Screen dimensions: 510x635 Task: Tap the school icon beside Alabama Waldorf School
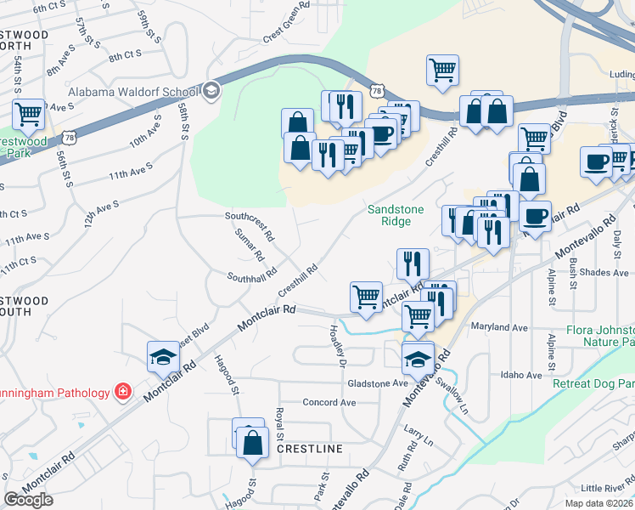(x=211, y=91)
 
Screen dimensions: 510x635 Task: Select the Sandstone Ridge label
(x=389, y=215)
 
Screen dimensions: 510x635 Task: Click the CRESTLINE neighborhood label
(x=310, y=449)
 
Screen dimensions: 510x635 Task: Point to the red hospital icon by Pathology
(x=124, y=392)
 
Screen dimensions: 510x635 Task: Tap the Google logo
(x=28, y=500)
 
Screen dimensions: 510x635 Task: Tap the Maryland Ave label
(x=505, y=327)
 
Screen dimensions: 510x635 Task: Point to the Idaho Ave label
(x=521, y=375)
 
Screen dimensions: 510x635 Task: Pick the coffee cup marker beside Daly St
(x=597, y=161)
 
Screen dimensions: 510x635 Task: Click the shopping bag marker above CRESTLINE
(x=252, y=442)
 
